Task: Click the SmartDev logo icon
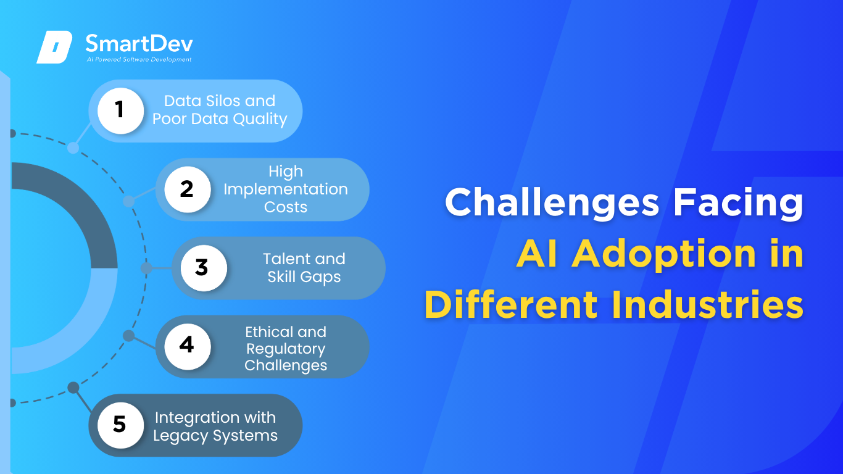(54, 47)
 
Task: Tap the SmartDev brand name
(139, 43)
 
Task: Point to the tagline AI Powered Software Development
(139, 59)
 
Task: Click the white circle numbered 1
(120, 110)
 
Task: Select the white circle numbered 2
(188, 189)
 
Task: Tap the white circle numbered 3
(204, 268)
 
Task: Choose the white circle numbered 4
(188, 346)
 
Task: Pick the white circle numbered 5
(120, 425)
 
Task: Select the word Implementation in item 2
(286, 189)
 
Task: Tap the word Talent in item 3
(287, 259)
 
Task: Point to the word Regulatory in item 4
(286, 349)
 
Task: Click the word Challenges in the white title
(552, 203)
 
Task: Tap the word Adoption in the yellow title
(664, 254)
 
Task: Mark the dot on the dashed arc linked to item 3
(146, 268)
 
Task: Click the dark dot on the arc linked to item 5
(73, 388)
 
